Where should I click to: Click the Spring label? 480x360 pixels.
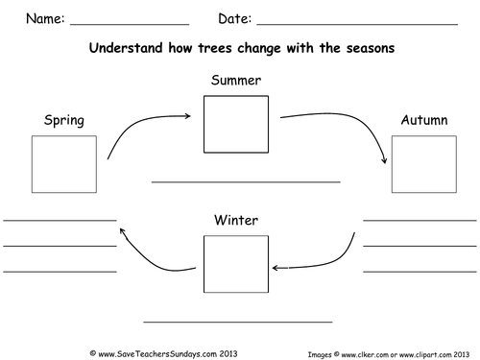pos(64,120)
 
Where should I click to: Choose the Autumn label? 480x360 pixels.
pos(422,120)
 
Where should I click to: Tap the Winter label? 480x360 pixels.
pos(235,221)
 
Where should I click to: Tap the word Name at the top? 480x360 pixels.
pos(43,18)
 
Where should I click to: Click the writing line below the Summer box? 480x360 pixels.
pos(246,181)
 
